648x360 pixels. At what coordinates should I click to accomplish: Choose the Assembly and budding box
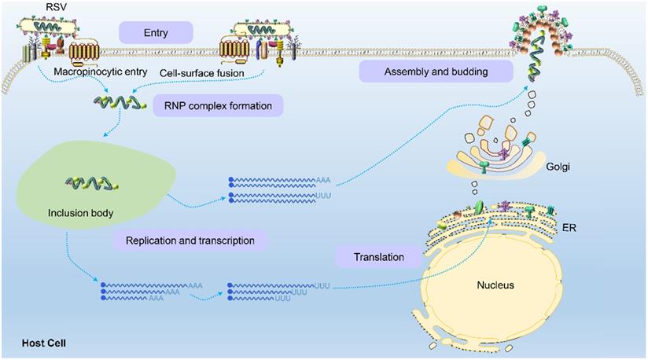436,72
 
